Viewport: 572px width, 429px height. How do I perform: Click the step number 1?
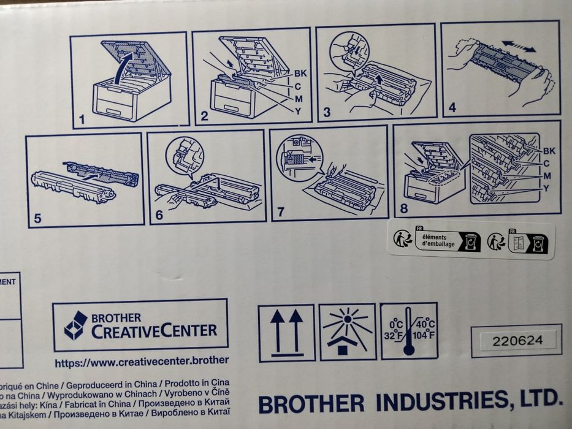[x=82, y=118]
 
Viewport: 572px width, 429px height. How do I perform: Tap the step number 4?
[x=452, y=108]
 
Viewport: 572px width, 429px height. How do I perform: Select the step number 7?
[x=281, y=211]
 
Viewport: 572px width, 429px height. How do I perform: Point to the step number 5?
[x=38, y=216]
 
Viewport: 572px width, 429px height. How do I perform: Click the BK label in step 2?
[x=300, y=74]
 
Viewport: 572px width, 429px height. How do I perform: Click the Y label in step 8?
[x=546, y=188]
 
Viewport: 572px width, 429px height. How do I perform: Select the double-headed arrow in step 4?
[x=519, y=46]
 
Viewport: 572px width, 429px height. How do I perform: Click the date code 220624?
[x=517, y=340]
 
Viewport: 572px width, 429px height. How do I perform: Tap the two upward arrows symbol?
[x=286, y=332]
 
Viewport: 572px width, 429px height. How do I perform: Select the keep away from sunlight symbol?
[x=347, y=331]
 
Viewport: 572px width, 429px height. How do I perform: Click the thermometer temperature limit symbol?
[x=409, y=332]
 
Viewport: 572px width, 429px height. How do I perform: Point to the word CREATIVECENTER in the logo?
[x=154, y=332]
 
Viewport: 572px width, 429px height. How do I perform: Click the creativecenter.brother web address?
[x=142, y=362]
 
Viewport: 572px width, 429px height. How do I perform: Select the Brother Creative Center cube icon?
[x=76, y=325]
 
